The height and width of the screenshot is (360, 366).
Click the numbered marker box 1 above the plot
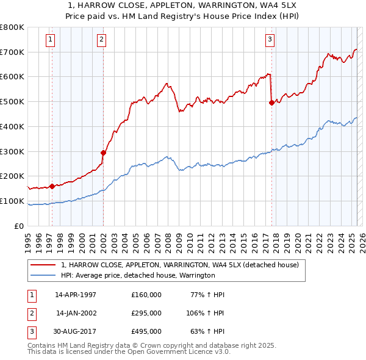click(49, 41)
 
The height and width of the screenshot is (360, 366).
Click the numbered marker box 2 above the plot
click(101, 41)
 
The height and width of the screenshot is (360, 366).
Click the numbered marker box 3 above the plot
click(269, 41)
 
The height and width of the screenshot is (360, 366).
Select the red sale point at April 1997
click(52, 186)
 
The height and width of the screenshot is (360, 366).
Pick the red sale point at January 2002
click(103, 153)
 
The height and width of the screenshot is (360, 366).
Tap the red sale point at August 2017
click(271, 103)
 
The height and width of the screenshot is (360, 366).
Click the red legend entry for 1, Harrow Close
click(179, 265)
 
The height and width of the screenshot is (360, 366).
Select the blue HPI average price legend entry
click(137, 276)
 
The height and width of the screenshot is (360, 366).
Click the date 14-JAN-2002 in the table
click(76, 313)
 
